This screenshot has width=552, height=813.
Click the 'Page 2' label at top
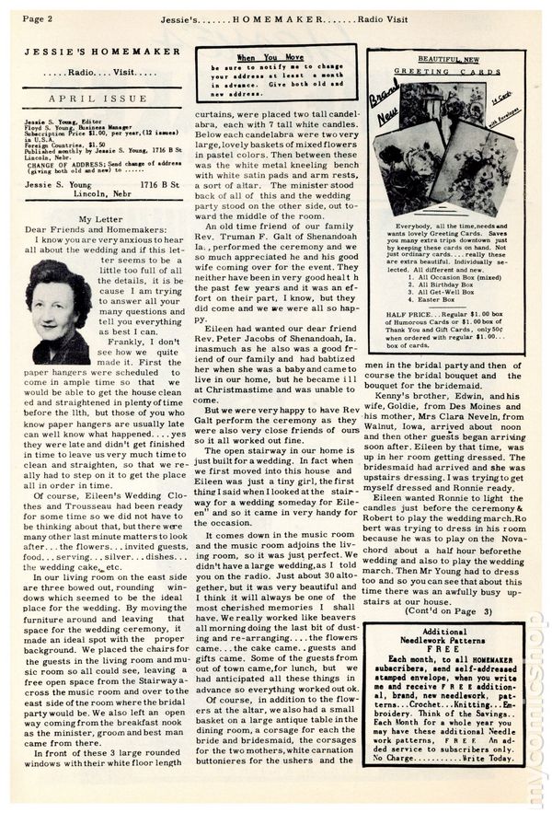tap(37, 17)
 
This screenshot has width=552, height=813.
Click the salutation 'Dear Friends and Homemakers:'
tap(96, 229)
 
